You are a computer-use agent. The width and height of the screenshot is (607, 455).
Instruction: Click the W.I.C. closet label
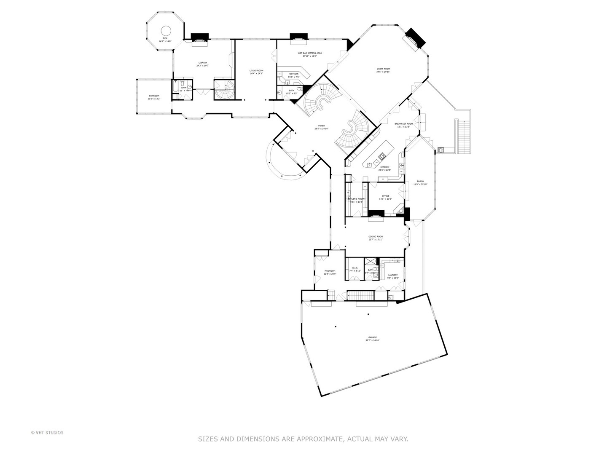tap(355, 269)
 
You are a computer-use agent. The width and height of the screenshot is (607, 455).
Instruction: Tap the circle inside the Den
tap(167, 31)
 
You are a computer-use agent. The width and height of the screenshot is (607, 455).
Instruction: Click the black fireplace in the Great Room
tap(416, 38)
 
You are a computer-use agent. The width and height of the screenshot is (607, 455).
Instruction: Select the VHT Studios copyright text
tap(47, 432)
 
